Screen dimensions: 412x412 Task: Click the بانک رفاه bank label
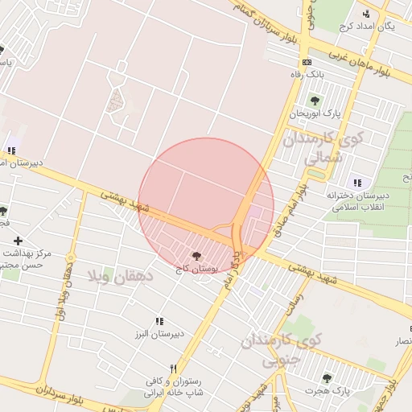pos(306,74)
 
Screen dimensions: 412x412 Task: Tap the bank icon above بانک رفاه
pos(307,62)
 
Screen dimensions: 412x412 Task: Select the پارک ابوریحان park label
pos(315,113)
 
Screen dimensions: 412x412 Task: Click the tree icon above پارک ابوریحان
pos(315,101)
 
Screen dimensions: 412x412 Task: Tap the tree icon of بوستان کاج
pos(198,255)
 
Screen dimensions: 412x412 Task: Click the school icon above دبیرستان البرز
pos(159,321)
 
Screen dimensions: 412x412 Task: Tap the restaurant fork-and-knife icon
pos(172,369)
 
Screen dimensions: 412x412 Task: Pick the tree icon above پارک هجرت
pos(327,378)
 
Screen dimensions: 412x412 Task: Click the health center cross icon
pos(18,240)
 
